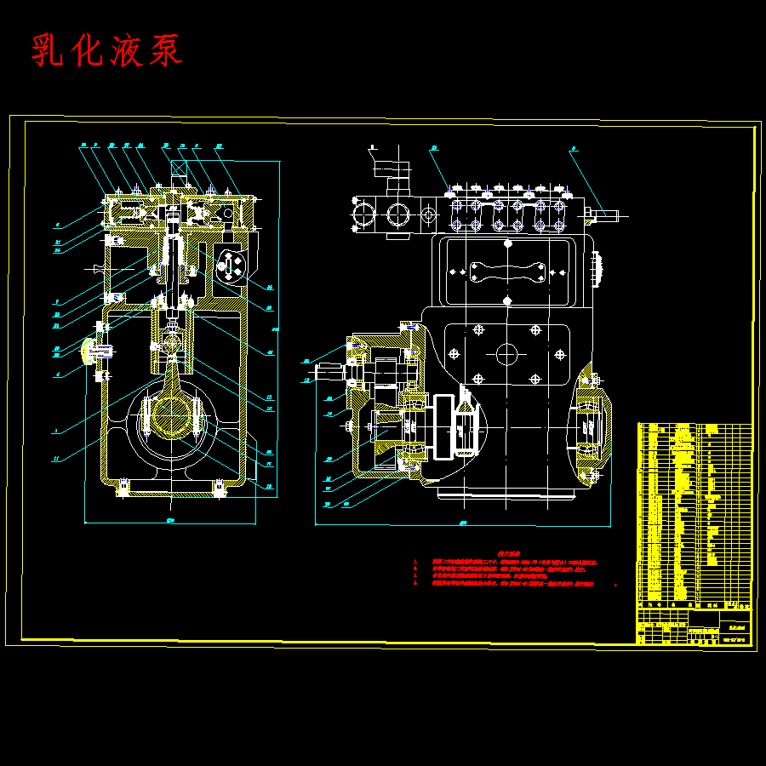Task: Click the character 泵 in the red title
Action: (x=164, y=50)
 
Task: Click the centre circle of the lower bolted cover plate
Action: (x=506, y=352)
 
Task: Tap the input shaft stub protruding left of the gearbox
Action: (x=328, y=371)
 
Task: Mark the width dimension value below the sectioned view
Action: (x=170, y=519)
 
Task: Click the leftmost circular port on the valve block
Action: (x=360, y=212)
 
